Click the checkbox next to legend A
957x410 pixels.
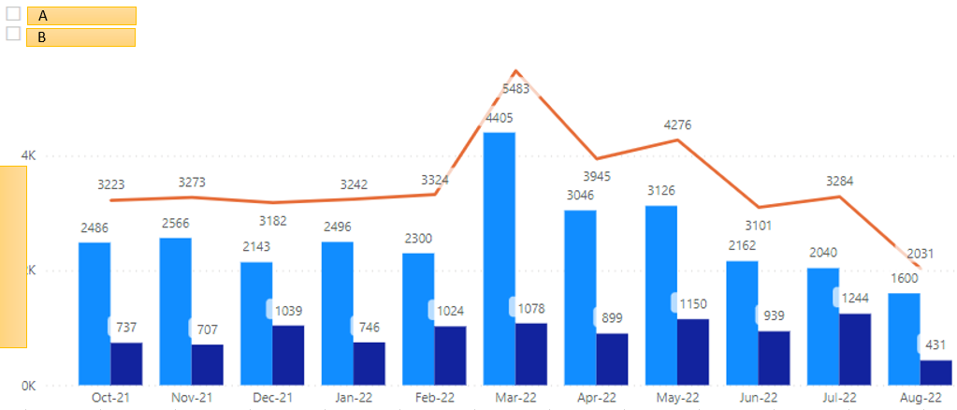pos(13,14)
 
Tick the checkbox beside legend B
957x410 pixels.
pos(13,34)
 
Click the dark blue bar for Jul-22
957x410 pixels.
pos(855,348)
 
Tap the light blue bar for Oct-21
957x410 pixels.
pos(94,313)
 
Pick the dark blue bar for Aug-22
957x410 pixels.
pos(935,372)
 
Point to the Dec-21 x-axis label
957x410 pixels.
pos(272,397)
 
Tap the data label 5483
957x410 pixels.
pos(515,88)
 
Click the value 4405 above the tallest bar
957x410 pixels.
pos(500,118)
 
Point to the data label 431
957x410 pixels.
pos(935,344)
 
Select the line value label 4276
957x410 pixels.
pos(677,124)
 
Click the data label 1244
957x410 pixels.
pos(855,298)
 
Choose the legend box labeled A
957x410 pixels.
pos(81,16)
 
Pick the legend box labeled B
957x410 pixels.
pos(81,37)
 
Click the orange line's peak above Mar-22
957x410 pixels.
pos(515,71)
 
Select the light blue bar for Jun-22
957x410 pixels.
pos(742,322)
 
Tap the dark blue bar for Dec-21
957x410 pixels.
pos(288,355)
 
